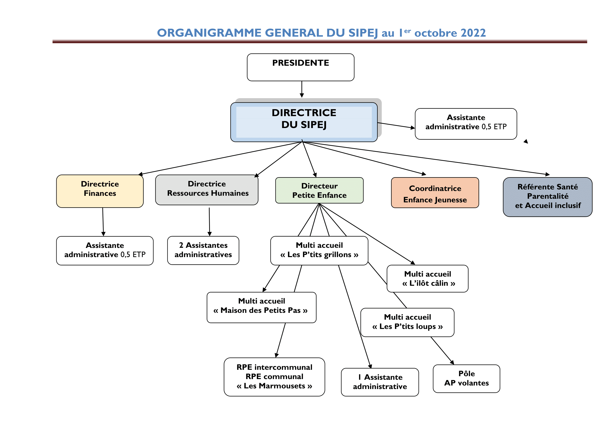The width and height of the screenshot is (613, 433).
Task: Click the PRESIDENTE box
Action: click(300, 67)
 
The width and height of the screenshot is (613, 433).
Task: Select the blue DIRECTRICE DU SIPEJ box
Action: click(304, 122)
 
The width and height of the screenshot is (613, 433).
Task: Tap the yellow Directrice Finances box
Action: click(100, 191)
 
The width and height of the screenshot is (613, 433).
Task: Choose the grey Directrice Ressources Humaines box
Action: click(207, 190)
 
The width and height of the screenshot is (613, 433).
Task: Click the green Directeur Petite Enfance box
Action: click(319, 190)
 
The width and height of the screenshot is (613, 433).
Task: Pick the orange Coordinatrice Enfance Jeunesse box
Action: click(435, 193)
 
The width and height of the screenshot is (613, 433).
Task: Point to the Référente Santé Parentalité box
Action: click(547, 197)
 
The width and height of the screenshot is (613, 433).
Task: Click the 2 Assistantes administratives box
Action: click(203, 250)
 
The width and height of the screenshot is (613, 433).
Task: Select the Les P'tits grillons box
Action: click(319, 250)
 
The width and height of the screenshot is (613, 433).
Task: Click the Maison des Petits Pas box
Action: click(261, 307)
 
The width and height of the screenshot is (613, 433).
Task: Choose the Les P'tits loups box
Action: click(407, 322)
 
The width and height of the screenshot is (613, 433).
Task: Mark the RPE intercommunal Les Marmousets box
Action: click(274, 376)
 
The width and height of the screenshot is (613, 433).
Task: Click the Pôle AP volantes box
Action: click(466, 378)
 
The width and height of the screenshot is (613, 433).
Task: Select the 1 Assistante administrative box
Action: click(380, 382)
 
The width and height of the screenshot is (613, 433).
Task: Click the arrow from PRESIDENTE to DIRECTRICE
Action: click(302, 89)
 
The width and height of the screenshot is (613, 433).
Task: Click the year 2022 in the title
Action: click(473, 33)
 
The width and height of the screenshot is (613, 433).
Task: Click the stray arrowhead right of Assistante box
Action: click(526, 141)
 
